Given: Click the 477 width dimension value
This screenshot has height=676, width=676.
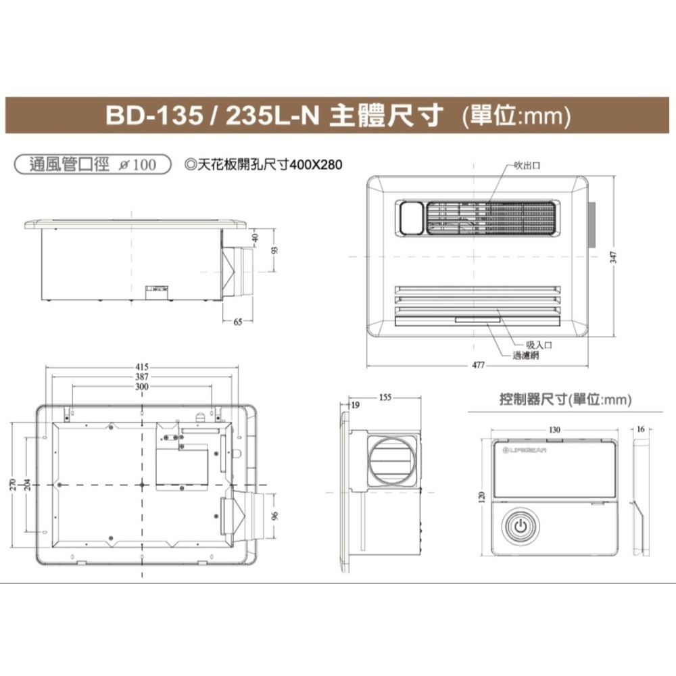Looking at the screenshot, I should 478,365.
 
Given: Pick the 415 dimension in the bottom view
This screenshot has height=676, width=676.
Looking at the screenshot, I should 142,367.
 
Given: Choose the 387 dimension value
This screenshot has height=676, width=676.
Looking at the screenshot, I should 142,377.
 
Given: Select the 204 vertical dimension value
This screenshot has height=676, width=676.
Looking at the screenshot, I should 26,485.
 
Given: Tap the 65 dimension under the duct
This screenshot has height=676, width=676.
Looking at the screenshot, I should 238,322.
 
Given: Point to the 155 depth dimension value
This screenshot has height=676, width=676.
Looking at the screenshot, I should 385,397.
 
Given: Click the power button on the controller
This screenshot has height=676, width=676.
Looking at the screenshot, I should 521,527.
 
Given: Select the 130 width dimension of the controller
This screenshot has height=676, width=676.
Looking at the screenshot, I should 554,429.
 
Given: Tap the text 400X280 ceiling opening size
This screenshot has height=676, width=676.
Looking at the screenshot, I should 316,165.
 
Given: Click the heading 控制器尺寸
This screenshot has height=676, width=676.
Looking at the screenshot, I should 534,400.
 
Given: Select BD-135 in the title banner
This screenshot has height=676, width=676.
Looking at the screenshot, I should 153,116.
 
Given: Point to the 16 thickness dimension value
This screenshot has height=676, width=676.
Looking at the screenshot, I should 641,429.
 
